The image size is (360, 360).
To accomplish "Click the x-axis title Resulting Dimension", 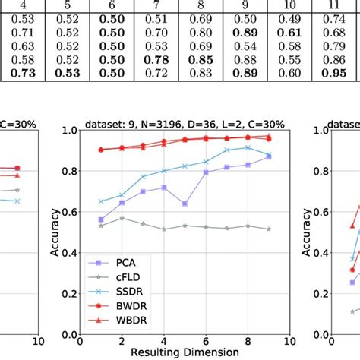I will tap(175, 352).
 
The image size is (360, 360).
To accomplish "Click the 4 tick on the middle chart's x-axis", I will tap(164, 342).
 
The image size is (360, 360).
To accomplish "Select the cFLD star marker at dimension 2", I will tap(122, 218).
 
